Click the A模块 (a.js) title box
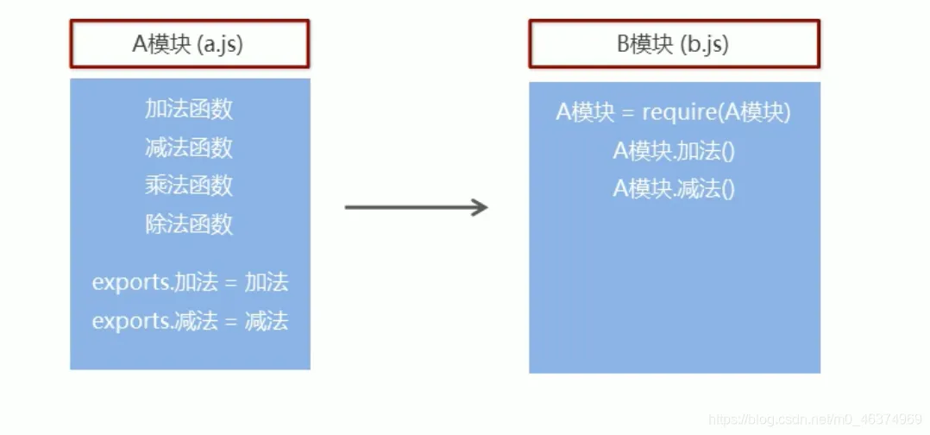(189, 44)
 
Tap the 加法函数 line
(189, 110)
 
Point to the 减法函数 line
(189, 148)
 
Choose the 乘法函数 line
(189, 186)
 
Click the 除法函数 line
(189, 224)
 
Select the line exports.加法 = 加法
(190, 282)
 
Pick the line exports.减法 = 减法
(190, 321)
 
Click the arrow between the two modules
(414, 207)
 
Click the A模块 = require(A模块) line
(673, 113)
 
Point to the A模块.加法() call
(673, 151)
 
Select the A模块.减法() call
(673, 189)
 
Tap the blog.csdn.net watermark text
(814, 419)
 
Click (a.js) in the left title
(220, 44)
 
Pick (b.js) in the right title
(704, 44)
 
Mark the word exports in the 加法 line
(130, 283)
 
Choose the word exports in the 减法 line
(130, 322)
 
